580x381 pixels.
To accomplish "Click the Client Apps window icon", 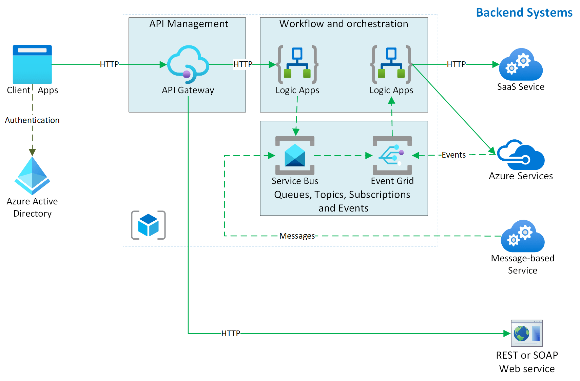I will (x=32, y=64).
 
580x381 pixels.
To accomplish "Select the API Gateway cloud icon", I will (x=188, y=64).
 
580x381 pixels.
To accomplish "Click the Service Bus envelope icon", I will (x=295, y=155).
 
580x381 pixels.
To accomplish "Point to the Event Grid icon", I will (x=392, y=155).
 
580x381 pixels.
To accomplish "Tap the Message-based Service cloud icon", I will (x=523, y=236).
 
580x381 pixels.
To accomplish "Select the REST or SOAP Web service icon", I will (x=527, y=333).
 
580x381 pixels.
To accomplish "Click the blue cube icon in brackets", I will (x=148, y=225).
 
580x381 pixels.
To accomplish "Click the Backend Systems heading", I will (x=524, y=13).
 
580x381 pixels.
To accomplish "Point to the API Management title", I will (x=189, y=24).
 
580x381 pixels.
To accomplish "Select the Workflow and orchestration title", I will (x=344, y=24).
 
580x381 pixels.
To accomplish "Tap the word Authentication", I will (x=32, y=120).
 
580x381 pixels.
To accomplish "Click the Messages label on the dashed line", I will (x=297, y=236).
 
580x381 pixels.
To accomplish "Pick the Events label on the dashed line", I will (x=453, y=155).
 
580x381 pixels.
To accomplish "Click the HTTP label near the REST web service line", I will (x=231, y=334).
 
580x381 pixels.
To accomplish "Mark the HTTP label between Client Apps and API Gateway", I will (x=109, y=64).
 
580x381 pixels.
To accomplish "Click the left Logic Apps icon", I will (x=297, y=64).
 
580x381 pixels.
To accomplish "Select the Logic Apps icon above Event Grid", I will (x=391, y=64).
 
